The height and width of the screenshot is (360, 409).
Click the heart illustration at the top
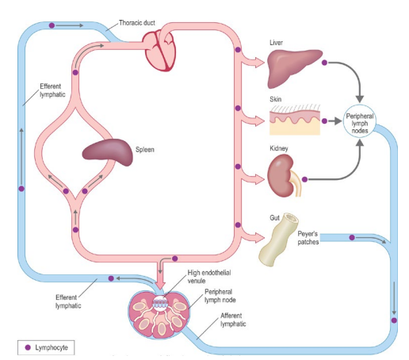click(168, 49)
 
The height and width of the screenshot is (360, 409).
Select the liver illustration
click(295, 68)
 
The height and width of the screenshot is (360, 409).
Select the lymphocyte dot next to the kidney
click(304, 180)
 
